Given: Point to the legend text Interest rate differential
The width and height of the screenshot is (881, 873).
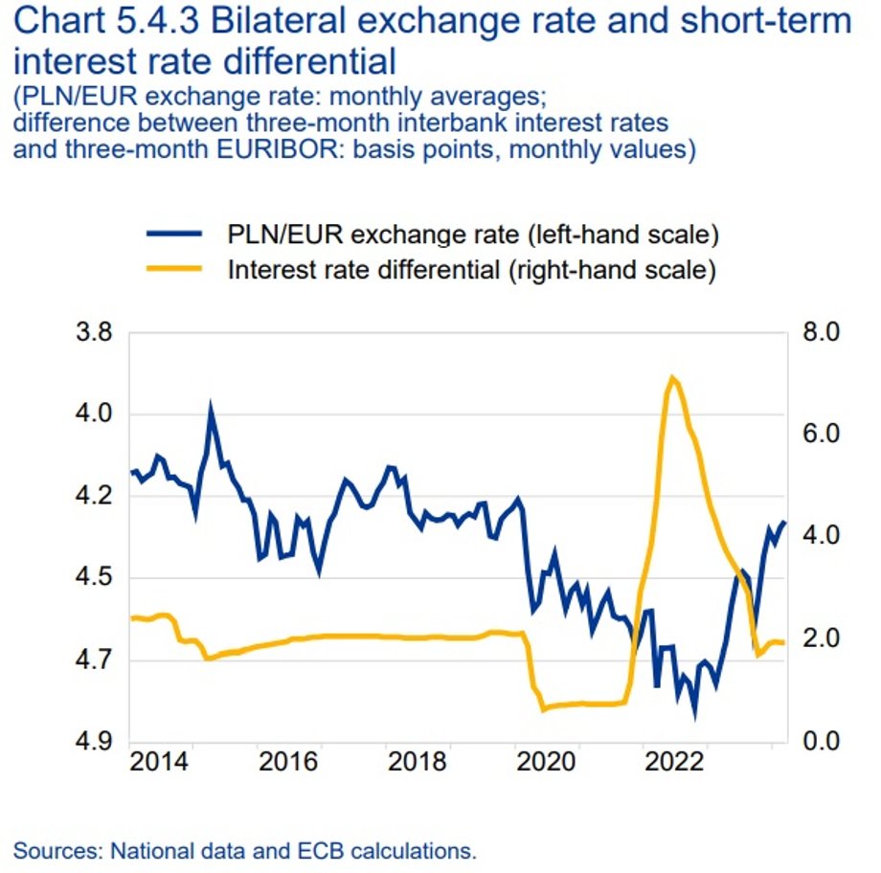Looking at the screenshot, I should (363, 269).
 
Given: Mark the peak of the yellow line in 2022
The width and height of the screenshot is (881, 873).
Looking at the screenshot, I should (673, 377).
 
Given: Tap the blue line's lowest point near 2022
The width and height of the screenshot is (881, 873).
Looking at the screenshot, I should (694, 714).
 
